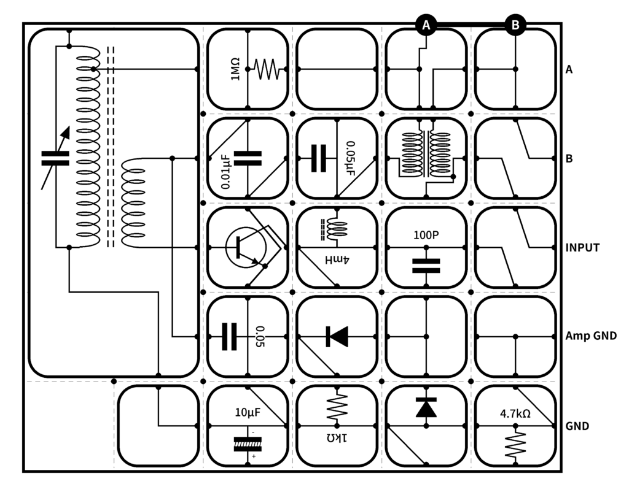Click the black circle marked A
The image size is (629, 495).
pos(426,25)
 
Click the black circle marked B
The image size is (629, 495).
pos(515,25)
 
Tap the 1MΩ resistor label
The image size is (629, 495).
pos(235,69)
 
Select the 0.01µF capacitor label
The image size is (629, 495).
pos(226,172)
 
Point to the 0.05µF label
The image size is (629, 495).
pos(350,158)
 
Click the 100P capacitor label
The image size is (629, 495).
pos(426,235)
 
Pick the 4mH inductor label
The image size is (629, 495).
pos(337,260)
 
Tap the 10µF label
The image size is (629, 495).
pos(248,412)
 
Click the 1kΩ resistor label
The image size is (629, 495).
pos(337,438)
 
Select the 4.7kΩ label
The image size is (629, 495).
pos(515,413)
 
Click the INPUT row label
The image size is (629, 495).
pos(582,248)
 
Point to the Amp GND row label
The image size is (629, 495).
pos(591,336)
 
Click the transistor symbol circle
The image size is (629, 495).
pos(246,248)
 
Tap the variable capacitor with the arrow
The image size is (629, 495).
pos(55,158)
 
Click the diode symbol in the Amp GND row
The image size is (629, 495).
pos(337,336)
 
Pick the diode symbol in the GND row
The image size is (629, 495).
pos(426,408)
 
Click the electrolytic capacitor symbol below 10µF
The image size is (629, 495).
pos(248,444)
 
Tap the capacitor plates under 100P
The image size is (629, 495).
pos(426,266)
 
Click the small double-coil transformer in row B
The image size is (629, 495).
pos(426,155)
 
